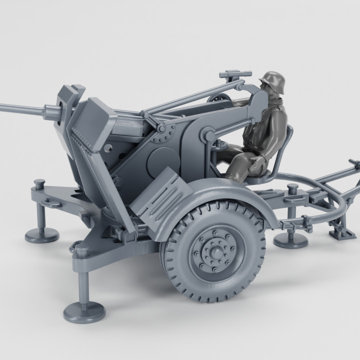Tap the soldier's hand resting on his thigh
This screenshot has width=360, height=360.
tap(260, 160)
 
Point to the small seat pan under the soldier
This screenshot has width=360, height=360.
tap(265, 175)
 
